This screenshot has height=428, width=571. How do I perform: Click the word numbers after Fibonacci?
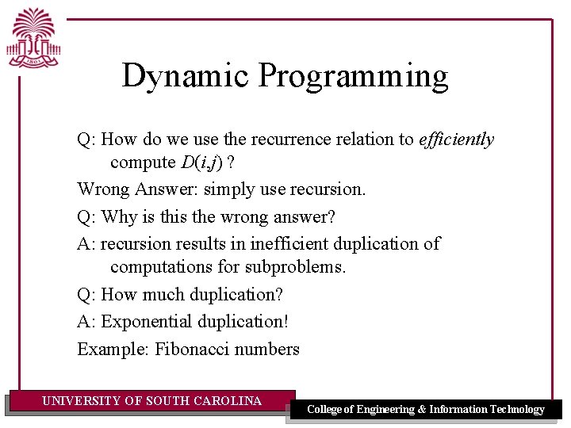pyautogui.click(x=270, y=349)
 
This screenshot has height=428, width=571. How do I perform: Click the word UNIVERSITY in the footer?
pyautogui.click(x=81, y=401)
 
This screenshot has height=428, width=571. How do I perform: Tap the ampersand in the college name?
pyautogui.click(x=422, y=410)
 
